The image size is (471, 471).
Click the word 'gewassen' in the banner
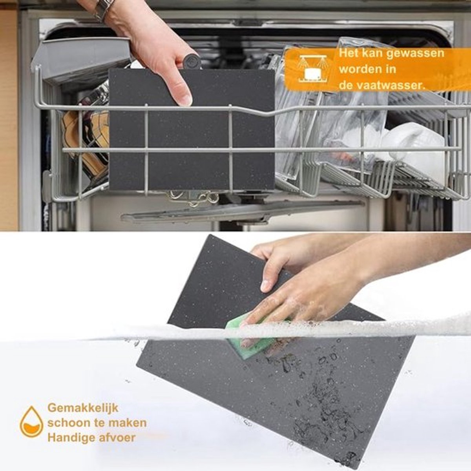point(415,54)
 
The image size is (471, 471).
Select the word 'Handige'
point(71,438)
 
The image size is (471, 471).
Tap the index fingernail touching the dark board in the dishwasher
point(186,100)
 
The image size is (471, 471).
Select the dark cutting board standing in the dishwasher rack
point(192,130)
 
